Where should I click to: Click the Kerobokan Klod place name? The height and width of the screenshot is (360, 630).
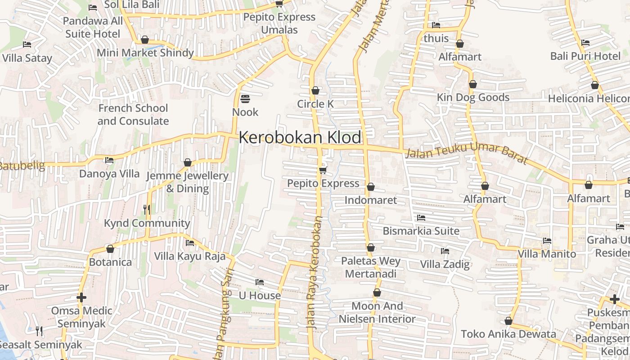tap(300, 137)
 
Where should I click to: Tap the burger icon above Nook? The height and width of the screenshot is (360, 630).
tap(245, 98)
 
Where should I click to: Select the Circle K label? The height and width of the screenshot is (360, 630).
tap(315, 104)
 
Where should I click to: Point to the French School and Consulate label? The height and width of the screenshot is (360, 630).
tap(133, 115)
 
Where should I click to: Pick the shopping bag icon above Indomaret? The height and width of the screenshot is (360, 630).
tap(371, 187)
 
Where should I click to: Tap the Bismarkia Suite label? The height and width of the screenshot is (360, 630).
tap(421, 231)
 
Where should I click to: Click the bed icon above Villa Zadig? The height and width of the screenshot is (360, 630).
tap(445, 251)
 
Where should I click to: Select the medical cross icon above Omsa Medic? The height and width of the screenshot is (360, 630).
tap(81, 297)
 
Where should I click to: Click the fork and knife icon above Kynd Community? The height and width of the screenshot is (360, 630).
tap(146, 209)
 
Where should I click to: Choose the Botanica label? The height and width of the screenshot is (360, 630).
tap(111, 262)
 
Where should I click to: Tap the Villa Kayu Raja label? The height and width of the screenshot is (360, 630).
tap(190, 256)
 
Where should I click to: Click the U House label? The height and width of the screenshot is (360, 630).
tap(260, 296)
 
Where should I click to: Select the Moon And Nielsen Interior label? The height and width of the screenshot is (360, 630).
tap(377, 312)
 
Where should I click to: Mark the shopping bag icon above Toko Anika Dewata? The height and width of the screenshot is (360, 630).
tap(508, 321)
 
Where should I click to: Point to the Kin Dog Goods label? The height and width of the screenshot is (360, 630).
tap(473, 97)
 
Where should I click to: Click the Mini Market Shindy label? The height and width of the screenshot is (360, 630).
tap(145, 53)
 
